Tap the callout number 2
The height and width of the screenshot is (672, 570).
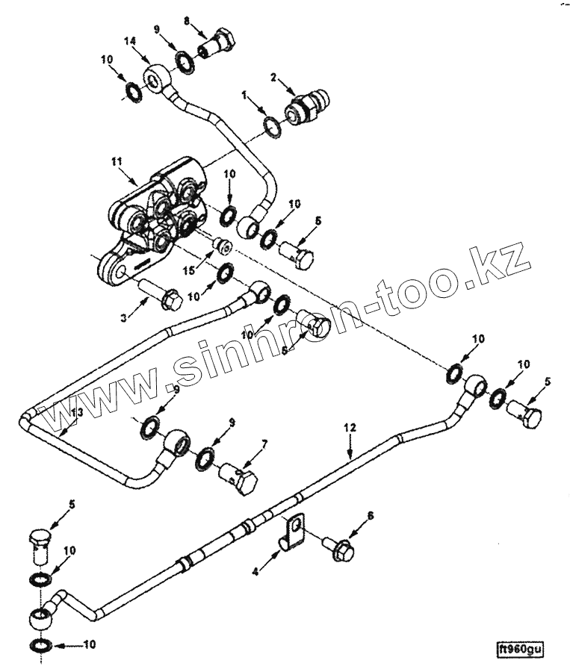(x=273, y=77)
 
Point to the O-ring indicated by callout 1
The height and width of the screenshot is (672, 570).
(x=273, y=125)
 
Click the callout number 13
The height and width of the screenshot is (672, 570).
(x=75, y=411)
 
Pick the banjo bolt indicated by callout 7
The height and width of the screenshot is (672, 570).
(x=239, y=478)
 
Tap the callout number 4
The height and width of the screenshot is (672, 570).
(x=255, y=571)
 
